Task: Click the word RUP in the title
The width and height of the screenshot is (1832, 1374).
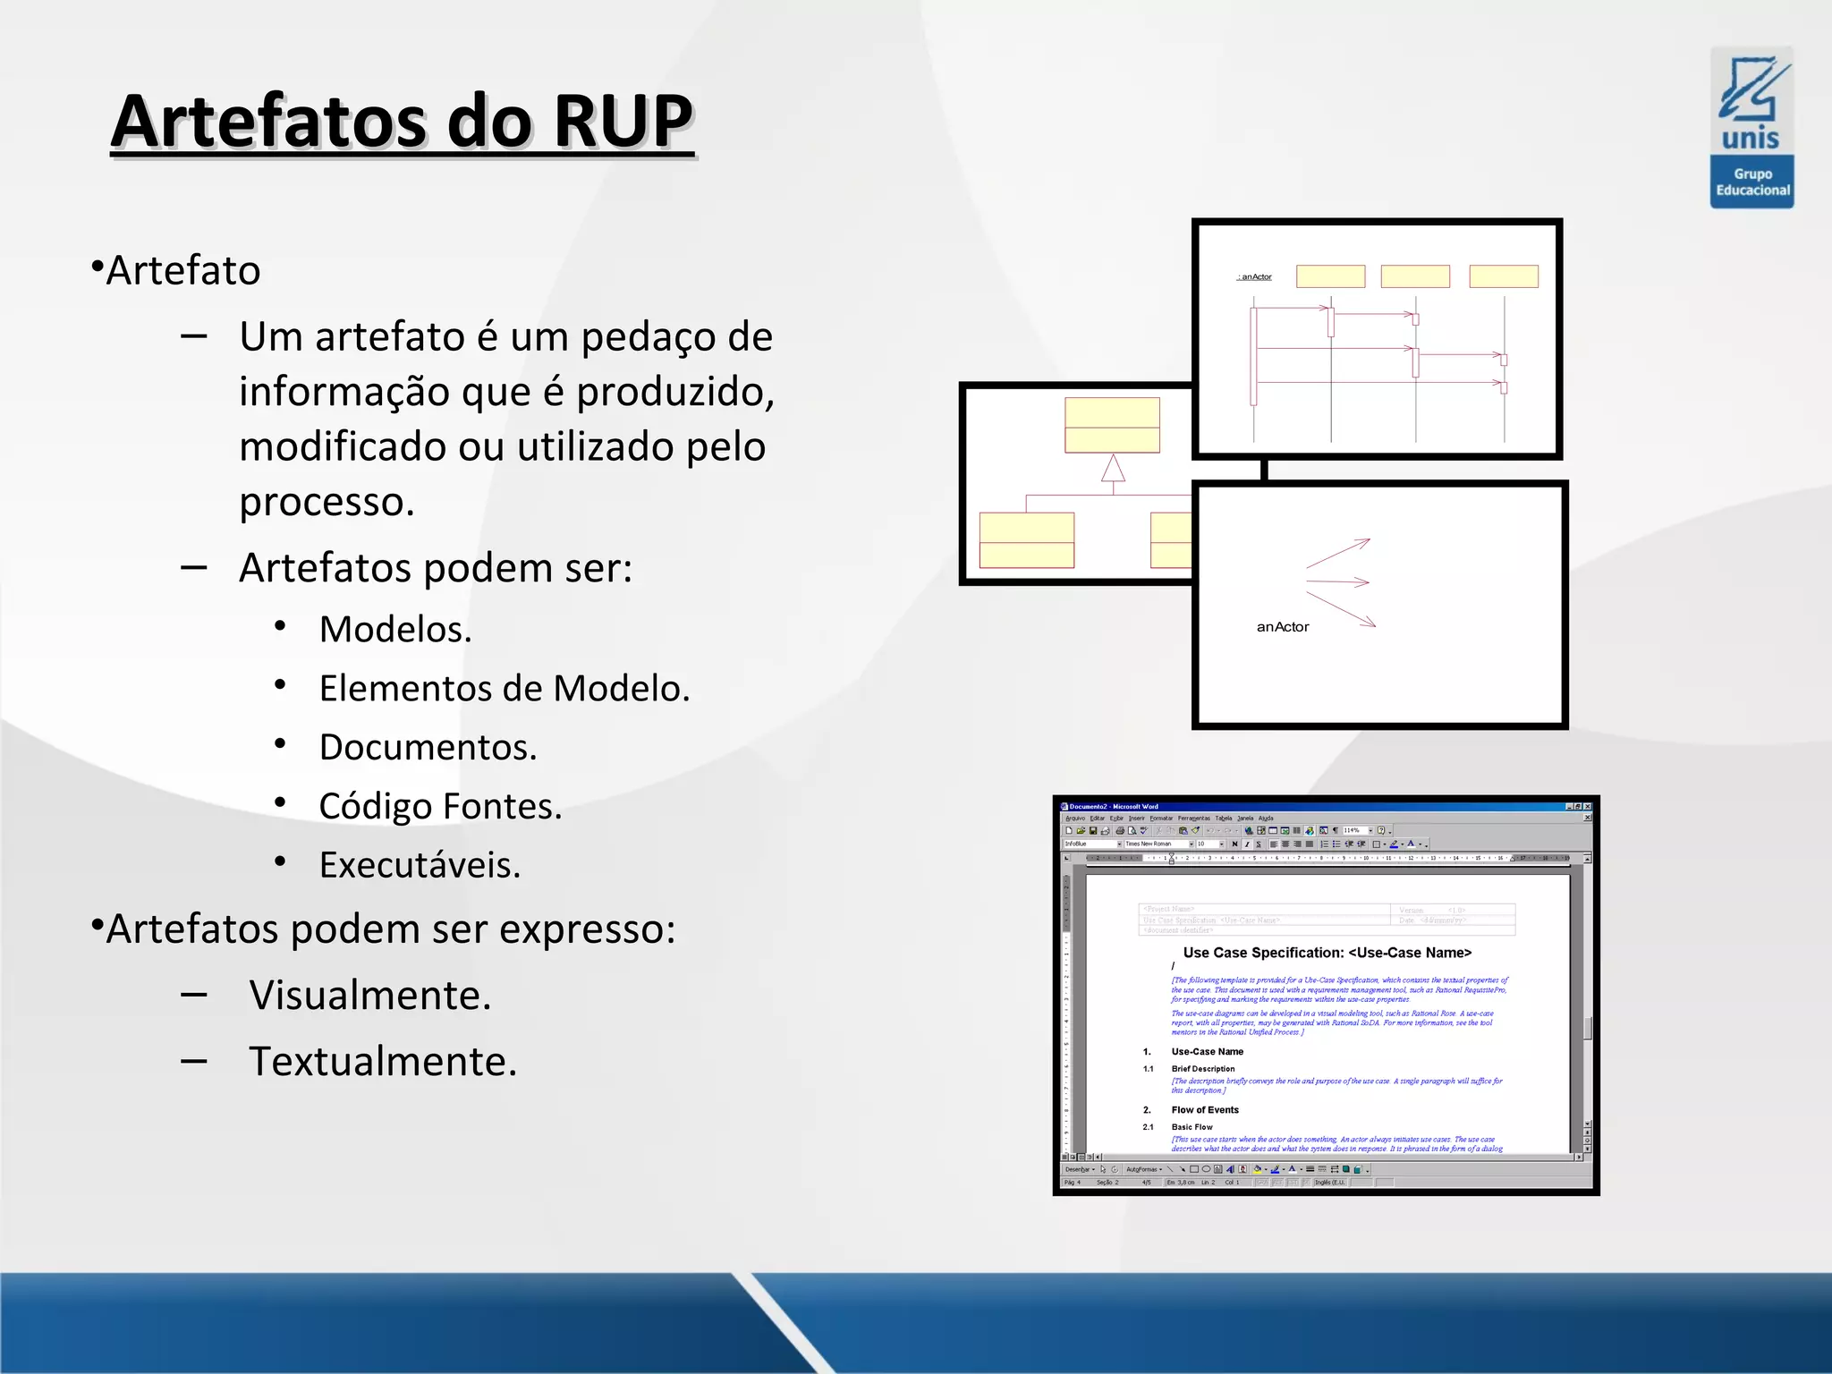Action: pos(623,122)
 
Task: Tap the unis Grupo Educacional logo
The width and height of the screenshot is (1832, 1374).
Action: pos(1751,128)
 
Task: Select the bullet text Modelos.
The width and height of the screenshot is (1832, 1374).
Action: pos(394,630)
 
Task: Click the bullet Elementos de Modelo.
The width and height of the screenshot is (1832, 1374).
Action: pos(504,689)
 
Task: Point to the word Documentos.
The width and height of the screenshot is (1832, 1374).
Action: pos(428,748)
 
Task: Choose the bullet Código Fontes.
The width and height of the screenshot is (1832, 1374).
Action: pos(440,807)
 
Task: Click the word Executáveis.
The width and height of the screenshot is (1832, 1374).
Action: pos(420,866)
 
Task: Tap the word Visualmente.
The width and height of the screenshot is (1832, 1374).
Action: pos(369,996)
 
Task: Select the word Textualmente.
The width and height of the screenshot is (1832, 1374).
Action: pos(383,1062)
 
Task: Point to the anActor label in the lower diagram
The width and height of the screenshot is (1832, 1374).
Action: pos(1282,627)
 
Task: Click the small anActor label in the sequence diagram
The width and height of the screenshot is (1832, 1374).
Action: pos(1255,277)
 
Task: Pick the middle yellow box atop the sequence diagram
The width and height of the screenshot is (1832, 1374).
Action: pos(1414,276)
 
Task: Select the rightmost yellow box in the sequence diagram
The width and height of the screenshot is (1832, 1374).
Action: pos(1503,276)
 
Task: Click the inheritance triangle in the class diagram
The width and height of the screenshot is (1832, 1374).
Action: pos(1113,469)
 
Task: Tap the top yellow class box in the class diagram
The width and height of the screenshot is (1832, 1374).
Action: pos(1112,425)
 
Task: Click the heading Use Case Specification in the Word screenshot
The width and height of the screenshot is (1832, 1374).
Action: pos(1327,953)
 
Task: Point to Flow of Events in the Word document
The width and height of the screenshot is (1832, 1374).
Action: pos(1205,1110)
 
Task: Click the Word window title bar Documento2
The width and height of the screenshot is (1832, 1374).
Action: pos(1115,806)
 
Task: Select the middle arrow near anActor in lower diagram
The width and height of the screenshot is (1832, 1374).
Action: pos(1338,582)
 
